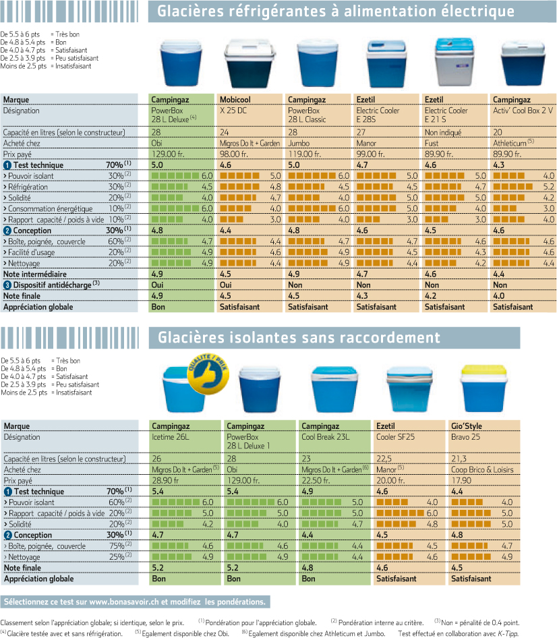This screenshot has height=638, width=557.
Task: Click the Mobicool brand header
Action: pos(235,100)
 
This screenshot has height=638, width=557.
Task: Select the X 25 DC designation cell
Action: pos(233,111)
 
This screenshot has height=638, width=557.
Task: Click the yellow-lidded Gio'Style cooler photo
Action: pos(483,388)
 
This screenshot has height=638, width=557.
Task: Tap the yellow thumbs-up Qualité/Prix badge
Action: pos(208,374)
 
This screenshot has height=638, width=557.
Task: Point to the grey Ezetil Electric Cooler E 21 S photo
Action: pos(454,62)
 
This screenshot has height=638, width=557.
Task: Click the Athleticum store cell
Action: pos(513,143)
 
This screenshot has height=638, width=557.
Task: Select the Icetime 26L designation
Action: pos(170,437)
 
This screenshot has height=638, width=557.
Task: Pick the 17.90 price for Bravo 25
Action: pos(461,481)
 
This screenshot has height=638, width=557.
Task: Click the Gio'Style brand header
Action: pos(466,426)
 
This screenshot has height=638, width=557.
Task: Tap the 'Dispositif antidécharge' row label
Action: pos(52,285)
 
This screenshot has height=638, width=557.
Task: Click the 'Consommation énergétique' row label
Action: pos(51,209)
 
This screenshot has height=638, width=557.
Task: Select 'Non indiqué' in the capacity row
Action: pos(442,133)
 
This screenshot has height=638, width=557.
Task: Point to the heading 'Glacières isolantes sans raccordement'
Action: pos(299,338)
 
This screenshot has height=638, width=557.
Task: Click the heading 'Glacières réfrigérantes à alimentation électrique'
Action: pos(336,11)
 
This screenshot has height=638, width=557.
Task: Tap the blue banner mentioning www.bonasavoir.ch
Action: pos(135,602)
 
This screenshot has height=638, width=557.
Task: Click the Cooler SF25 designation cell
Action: pos(395,437)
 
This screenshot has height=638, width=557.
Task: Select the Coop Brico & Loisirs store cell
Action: pos(482,469)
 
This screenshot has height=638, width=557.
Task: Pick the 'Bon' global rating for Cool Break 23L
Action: pos(308,579)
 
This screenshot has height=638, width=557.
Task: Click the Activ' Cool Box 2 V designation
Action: pos(523,111)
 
